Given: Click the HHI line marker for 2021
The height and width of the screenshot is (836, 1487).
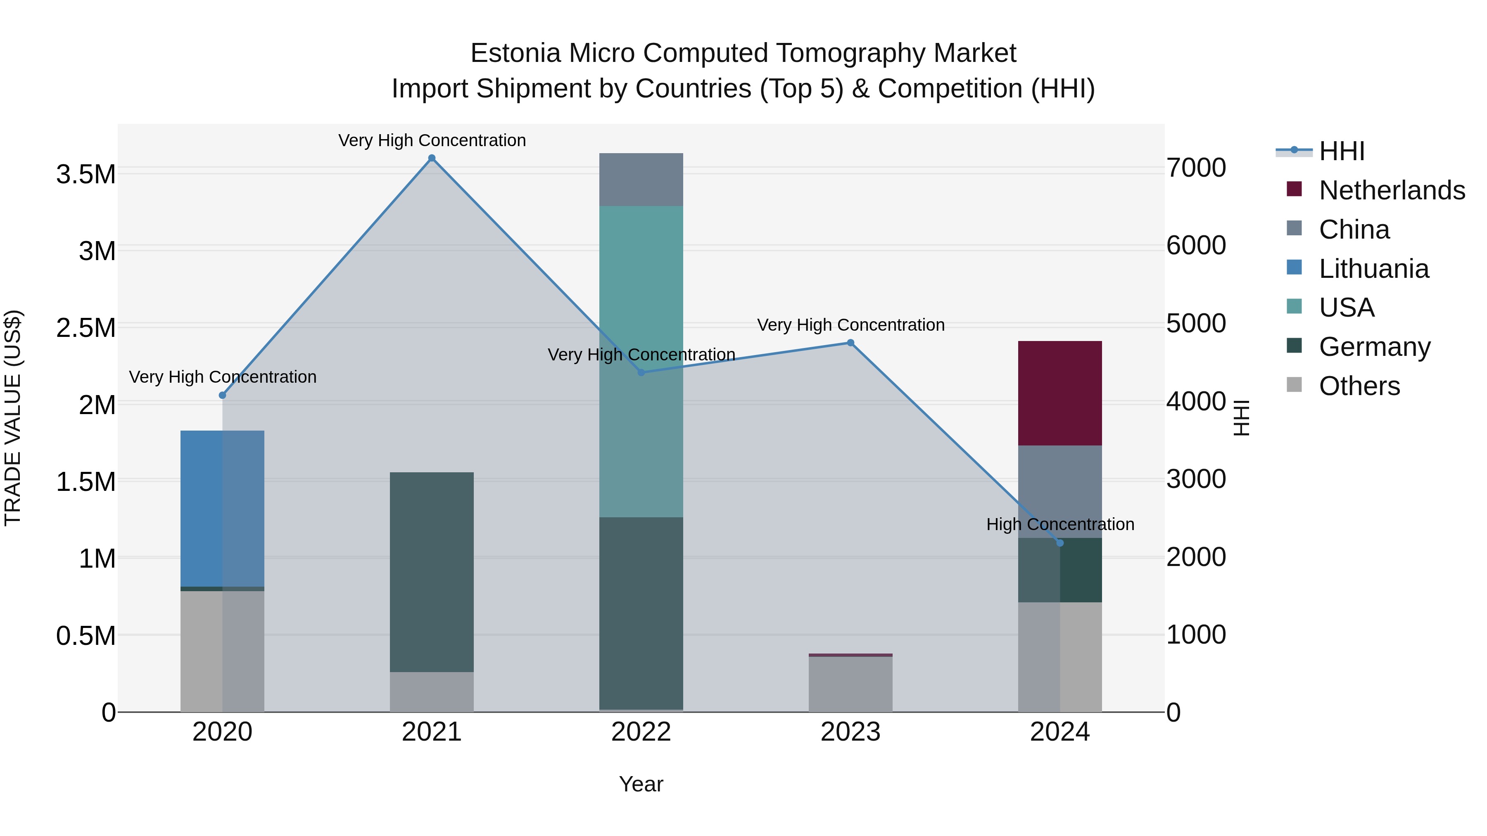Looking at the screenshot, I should click(432, 158).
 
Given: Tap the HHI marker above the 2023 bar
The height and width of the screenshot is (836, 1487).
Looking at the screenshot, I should click(850, 343).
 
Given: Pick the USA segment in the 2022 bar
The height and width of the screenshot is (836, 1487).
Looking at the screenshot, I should click(641, 361).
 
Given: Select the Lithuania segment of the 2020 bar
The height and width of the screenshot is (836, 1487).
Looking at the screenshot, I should click(222, 508).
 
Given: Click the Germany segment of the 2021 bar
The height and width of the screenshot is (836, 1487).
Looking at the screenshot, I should click(432, 572).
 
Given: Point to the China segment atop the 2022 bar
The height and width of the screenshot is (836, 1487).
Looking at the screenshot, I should click(641, 180).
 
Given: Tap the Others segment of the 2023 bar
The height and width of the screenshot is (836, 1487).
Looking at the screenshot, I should click(850, 684).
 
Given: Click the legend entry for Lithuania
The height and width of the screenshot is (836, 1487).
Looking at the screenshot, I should click(1373, 269).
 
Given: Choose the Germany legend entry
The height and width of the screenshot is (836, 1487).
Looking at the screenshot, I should click(1374, 347).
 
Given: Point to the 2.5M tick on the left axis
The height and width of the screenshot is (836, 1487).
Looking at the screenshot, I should click(86, 328).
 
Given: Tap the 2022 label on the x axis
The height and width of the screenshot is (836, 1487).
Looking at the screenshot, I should click(641, 732).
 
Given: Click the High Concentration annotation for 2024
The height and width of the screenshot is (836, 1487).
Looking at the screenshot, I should click(1060, 524).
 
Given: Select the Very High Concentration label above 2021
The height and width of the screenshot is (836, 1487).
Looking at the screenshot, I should click(432, 140).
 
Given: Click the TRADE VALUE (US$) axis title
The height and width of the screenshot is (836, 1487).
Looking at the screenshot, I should click(13, 418).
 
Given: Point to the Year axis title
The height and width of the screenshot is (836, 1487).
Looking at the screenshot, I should click(641, 784).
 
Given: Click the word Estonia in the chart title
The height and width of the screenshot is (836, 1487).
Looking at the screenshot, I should click(515, 53).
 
